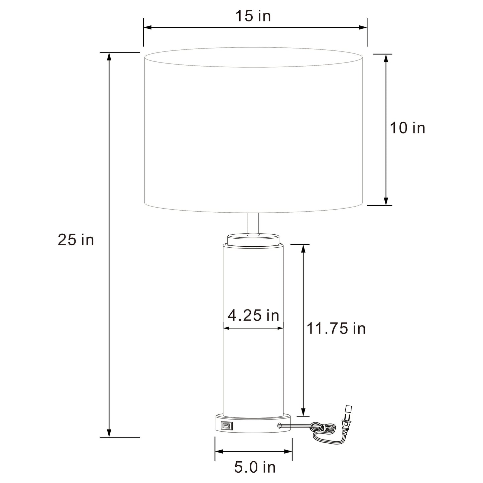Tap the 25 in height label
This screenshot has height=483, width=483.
coord(76,240)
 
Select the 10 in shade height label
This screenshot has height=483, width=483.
coord(407,128)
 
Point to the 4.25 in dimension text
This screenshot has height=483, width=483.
coord(253,315)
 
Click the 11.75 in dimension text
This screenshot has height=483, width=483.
coord(336,329)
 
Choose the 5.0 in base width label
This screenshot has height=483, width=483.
coord(255,467)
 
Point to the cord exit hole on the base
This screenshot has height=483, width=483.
coord(279,426)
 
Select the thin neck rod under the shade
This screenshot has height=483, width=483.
coord(253,223)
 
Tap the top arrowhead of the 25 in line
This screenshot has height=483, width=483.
coord(109,56)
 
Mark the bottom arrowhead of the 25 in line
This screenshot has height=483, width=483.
coord(109,433)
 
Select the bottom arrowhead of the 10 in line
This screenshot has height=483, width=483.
coord(386,201)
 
